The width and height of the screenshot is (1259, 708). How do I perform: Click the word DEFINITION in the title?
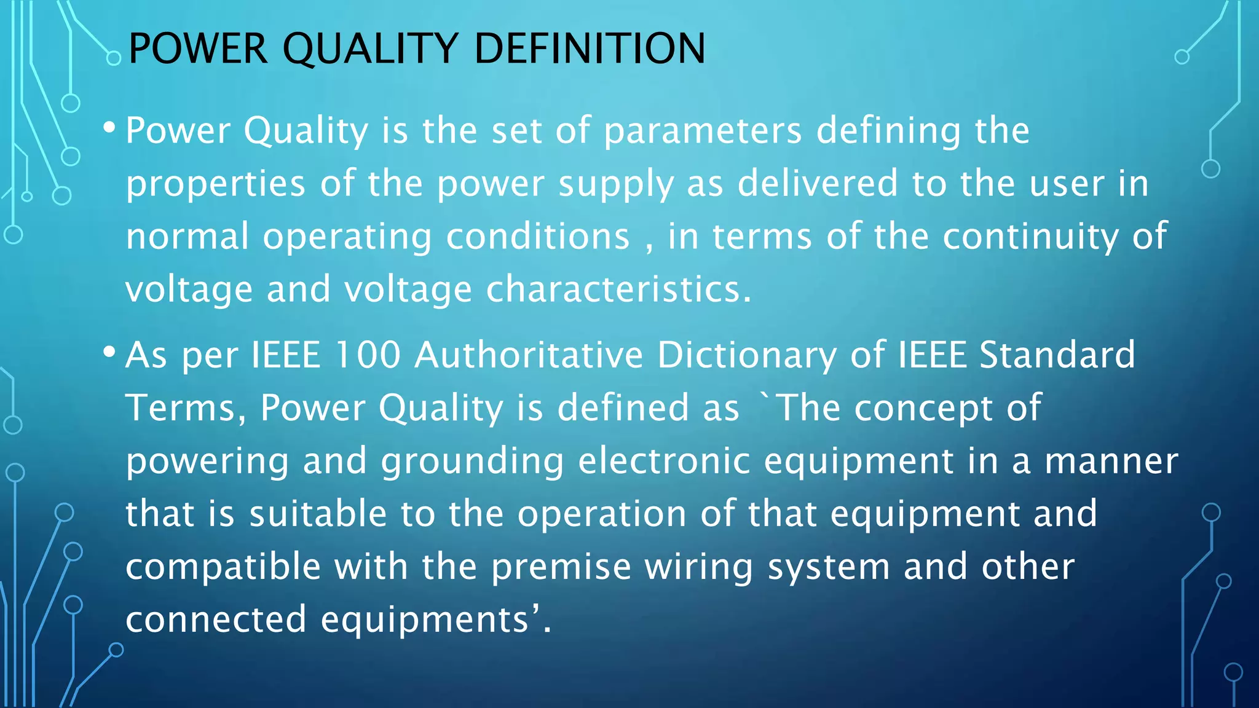pyautogui.click(x=590, y=49)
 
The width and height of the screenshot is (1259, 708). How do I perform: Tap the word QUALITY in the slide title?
pyautogui.click(x=370, y=49)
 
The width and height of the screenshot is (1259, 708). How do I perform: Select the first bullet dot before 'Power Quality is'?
pyautogui.click(x=109, y=128)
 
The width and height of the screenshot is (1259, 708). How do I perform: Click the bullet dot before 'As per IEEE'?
pyautogui.click(x=109, y=352)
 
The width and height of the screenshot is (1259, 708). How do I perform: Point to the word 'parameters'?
pyautogui.click(x=703, y=131)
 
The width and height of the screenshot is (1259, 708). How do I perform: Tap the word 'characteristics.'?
pyautogui.click(x=619, y=289)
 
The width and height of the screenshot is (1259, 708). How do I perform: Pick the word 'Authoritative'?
pyautogui.click(x=529, y=355)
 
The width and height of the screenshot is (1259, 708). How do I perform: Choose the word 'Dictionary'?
pyautogui.click(x=747, y=356)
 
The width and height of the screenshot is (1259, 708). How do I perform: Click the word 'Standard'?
pyautogui.click(x=1057, y=355)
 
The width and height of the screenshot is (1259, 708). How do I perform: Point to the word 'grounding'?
pyautogui.click(x=472, y=462)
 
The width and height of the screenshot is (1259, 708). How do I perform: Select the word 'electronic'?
pyautogui.click(x=664, y=460)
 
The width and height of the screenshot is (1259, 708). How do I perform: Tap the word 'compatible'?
pyautogui.click(x=223, y=567)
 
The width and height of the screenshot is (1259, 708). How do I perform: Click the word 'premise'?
pyautogui.click(x=561, y=567)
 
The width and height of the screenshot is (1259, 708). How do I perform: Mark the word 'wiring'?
pyautogui.click(x=699, y=567)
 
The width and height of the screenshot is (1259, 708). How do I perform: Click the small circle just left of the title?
pyautogui.click(x=114, y=58)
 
